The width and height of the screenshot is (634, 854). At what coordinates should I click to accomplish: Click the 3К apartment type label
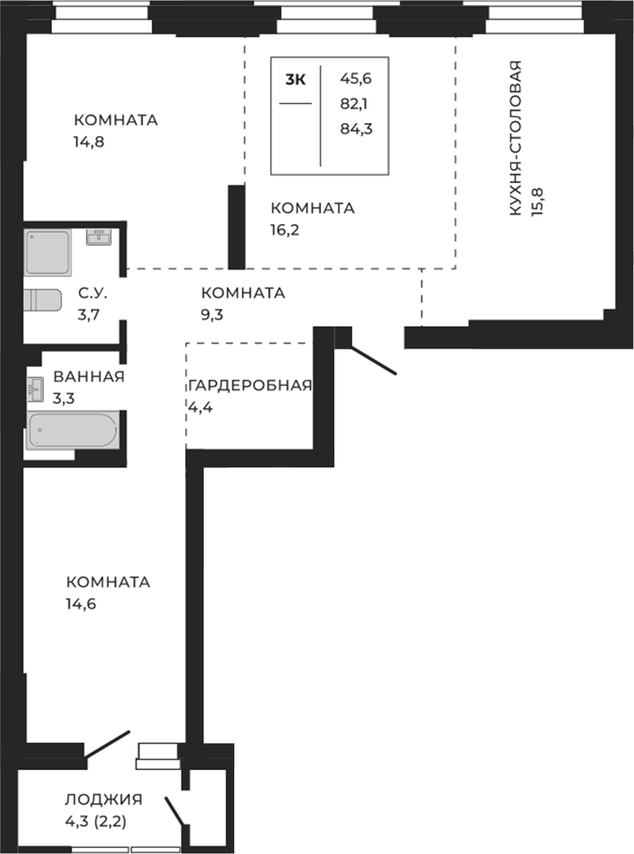tap(295, 80)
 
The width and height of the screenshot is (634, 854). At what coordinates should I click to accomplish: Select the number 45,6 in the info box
tap(356, 79)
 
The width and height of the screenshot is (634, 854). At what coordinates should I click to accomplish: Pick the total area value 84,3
tap(356, 130)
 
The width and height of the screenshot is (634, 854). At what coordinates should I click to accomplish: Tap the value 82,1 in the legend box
tap(356, 104)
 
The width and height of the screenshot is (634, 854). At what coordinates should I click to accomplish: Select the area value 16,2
tap(286, 229)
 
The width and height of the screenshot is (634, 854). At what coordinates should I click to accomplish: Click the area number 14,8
tap(88, 141)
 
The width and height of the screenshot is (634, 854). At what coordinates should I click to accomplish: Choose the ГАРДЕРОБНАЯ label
tap(250, 385)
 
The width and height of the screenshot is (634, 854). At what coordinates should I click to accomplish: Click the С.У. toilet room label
tap(92, 293)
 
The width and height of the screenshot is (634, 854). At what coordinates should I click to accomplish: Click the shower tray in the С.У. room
tap(48, 252)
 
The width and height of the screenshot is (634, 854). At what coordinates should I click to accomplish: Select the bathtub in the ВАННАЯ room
tap(72, 430)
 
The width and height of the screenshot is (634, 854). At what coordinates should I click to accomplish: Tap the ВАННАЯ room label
tap(88, 377)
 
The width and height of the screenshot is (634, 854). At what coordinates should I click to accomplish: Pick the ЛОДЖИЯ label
tap(103, 799)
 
